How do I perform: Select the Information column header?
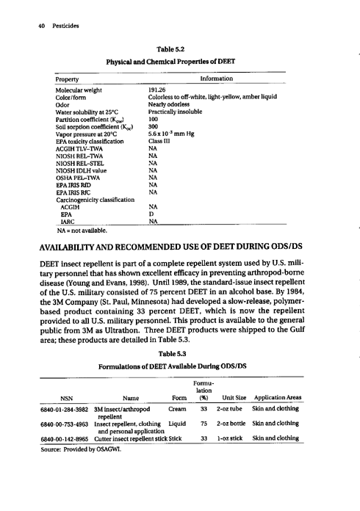point(216,77)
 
